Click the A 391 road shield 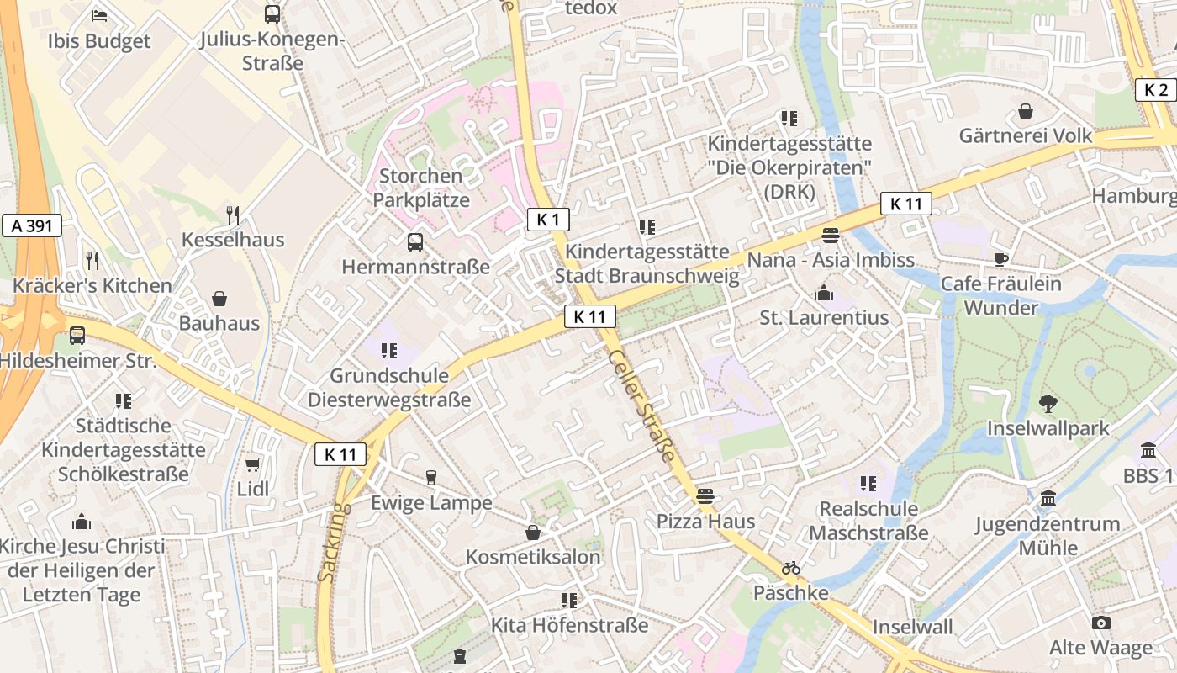[32, 225]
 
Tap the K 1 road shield [548, 220]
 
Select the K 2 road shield [1156, 90]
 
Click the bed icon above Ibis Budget [99, 14]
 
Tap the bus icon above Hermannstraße [415, 242]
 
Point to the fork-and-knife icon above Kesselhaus [233, 215]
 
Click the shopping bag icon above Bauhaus [219, 299]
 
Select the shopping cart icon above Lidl [252, 464]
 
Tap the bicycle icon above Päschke [790, 568]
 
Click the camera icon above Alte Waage [1100, 623]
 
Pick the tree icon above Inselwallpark [1048, 404]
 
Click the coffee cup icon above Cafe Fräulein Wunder [1000, 259]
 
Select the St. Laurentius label [824, 318]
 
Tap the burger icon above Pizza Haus [705, 496]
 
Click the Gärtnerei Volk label [1026, 135]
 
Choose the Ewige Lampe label [431, 503]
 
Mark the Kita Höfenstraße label [569, 625]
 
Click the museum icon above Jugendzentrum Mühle [1048, 499]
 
